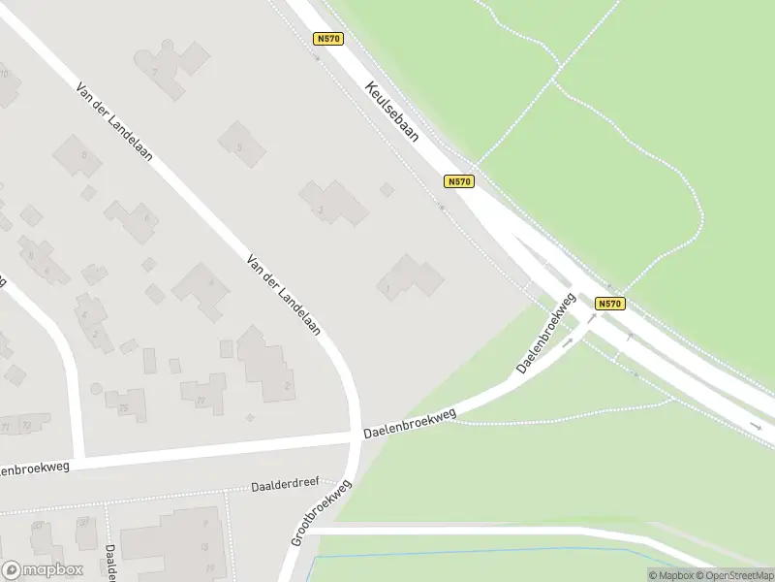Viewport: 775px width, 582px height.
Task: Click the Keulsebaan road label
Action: pos(392,112)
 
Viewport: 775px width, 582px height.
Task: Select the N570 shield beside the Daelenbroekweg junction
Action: pos(609,304)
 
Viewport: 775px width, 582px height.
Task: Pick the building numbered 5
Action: pos(241,145)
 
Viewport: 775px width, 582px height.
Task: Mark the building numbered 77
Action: pos(203,392)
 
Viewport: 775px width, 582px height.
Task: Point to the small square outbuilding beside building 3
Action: pos(387,189)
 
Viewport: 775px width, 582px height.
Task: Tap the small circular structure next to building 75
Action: pos(96,389)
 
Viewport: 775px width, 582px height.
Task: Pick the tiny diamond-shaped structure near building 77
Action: pos(250,417)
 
